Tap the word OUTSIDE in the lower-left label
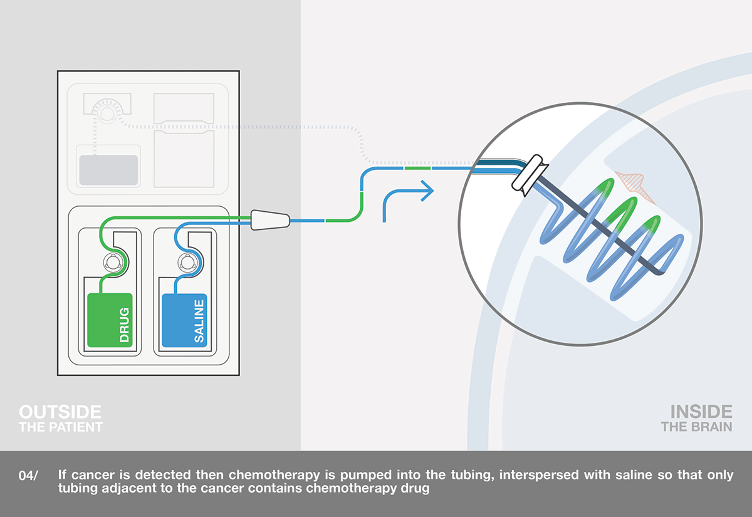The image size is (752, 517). [60, 412]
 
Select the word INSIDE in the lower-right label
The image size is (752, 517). [701, 412]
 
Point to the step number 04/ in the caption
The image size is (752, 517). [28, 476]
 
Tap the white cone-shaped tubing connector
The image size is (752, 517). [270, 220]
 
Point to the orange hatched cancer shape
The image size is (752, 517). [633, 188]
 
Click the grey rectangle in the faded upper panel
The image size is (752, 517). [108, 170]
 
